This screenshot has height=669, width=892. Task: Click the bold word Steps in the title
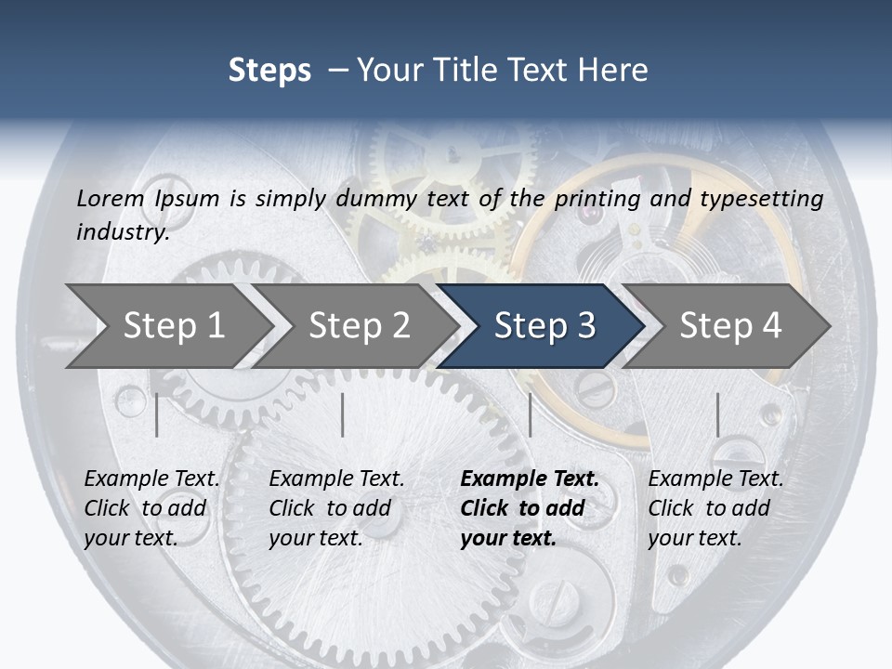[269, 71]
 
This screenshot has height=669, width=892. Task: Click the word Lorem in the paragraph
[111, 198]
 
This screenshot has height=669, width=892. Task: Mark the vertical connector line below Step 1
[157, 414]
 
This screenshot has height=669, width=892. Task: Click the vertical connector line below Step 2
[343, 414]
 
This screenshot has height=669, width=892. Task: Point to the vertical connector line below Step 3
[530, 414]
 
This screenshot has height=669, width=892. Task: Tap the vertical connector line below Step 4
[717, 414]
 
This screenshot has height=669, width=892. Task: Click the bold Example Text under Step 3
[530, 479]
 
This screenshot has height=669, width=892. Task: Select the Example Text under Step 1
[151, 479]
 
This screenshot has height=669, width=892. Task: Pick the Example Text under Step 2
[336, 479]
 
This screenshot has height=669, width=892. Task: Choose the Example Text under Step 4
[715, 479]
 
